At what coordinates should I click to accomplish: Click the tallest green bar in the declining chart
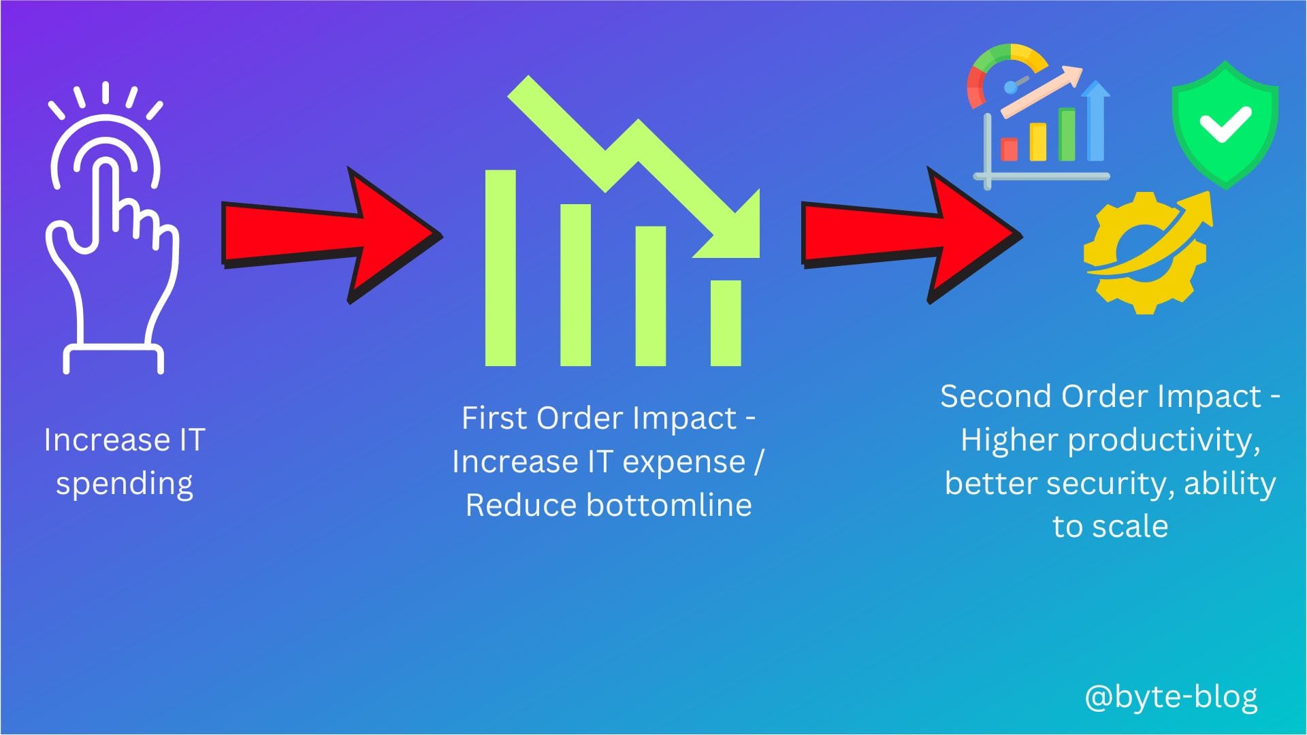coord(500,268)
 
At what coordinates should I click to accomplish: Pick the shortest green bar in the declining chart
coord(726,323)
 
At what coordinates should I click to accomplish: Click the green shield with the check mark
coord(1225,125)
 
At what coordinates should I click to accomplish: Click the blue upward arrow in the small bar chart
coord(1095,121)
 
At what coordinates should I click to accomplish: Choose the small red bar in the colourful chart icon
coord(1009,150)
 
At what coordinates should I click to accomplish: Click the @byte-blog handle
coord(1171,698)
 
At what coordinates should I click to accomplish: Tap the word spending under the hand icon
coord(125,485)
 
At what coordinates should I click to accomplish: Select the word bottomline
coord(668,505)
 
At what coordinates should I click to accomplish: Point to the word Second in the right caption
coord(995,396)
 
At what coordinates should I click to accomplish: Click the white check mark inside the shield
coord(1225,125)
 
